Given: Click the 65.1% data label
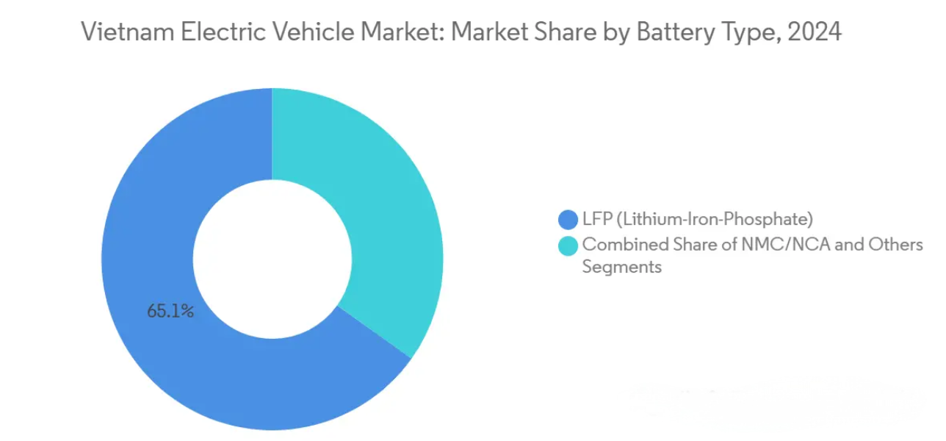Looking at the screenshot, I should point(170,311).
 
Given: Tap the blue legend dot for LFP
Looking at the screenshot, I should point(568,219).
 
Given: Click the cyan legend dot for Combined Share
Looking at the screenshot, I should point(568,245).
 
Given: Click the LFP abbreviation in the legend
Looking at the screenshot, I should point(595,219).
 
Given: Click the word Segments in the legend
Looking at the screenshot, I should point(621,267).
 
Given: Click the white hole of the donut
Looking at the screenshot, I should point(272,257).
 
